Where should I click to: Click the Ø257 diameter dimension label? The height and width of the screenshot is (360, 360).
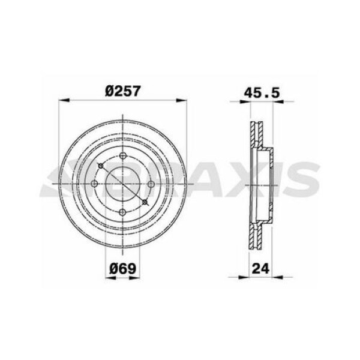click(x=124, y=91)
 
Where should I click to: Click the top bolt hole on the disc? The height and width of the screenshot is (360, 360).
click(x=123, y=157)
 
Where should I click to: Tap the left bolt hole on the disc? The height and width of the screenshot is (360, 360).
click(x=95, y=184)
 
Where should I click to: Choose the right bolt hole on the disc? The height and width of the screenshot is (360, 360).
click(x=151, y=184)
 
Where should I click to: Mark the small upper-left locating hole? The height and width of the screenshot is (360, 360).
click(x=101, y=165)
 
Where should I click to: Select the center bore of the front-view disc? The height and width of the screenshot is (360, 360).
click(x=123, y=184)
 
